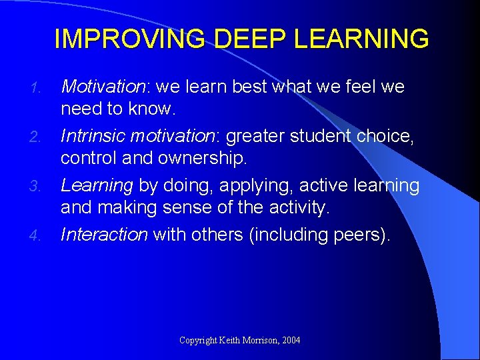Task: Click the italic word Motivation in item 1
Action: click(x=102, y=87)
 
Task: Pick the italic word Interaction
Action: click(x=104, y=235)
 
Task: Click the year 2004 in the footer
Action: click(x=291, y=340)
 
